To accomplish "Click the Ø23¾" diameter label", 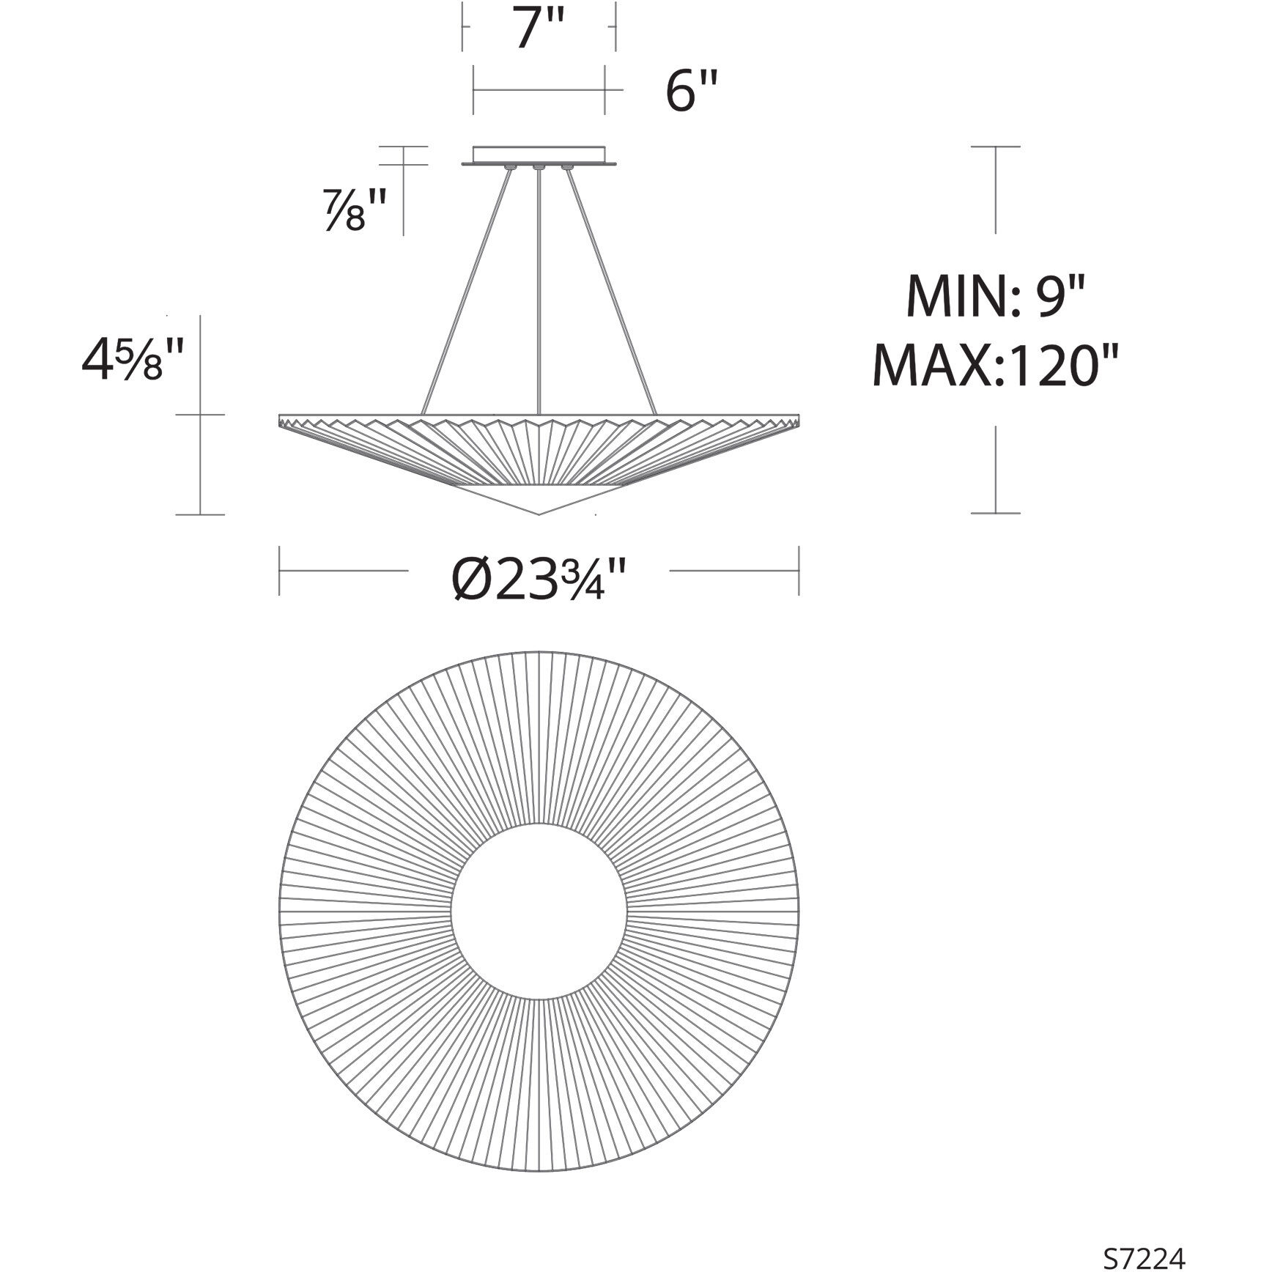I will click(539, 579).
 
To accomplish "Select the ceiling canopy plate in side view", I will click(539, 155).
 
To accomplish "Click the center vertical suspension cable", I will click(539, 293).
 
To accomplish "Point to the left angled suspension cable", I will click(467, 293).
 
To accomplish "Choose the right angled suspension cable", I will click(610, 293).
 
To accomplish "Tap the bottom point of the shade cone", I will click(539, 514).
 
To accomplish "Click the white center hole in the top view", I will click(539, 913).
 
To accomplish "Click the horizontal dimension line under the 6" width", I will click(539, 90).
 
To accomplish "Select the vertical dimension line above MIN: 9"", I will click(995, 191).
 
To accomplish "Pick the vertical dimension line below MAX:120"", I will click(995, 469).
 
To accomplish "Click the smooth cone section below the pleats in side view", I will click(539, 498).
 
